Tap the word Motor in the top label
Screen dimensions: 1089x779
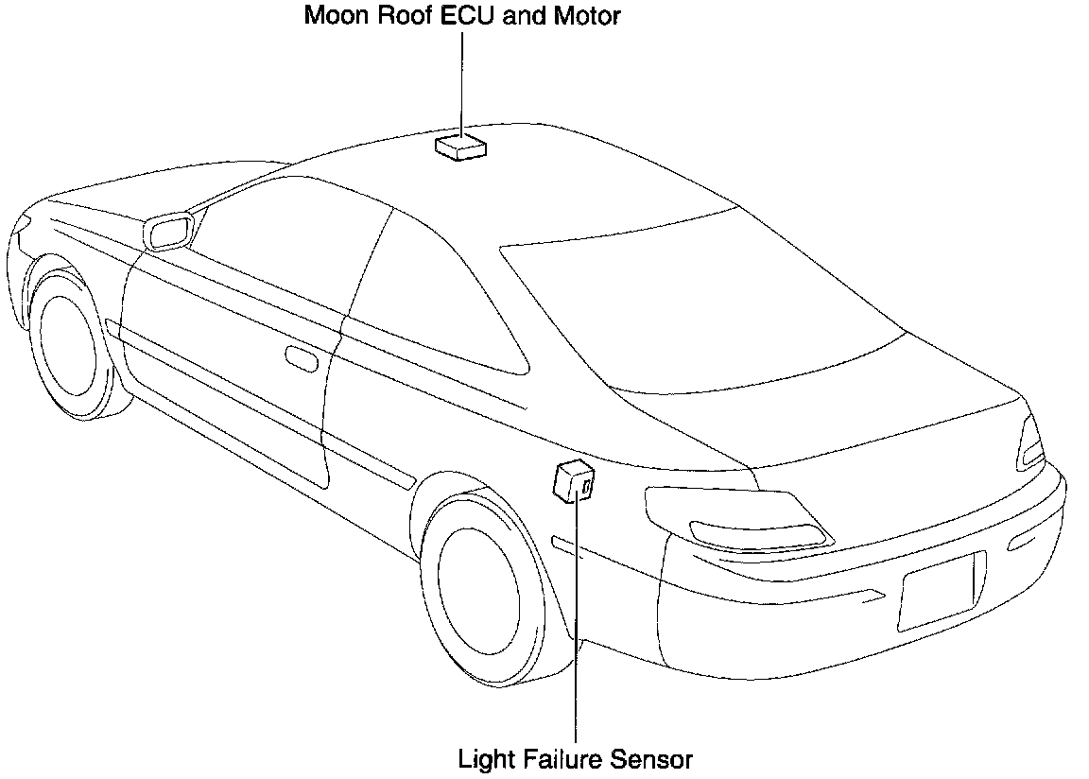(587, 16)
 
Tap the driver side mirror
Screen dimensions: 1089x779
(167, 231)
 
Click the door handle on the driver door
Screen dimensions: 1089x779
(301, 359)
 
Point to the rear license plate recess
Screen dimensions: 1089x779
(940, 590)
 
